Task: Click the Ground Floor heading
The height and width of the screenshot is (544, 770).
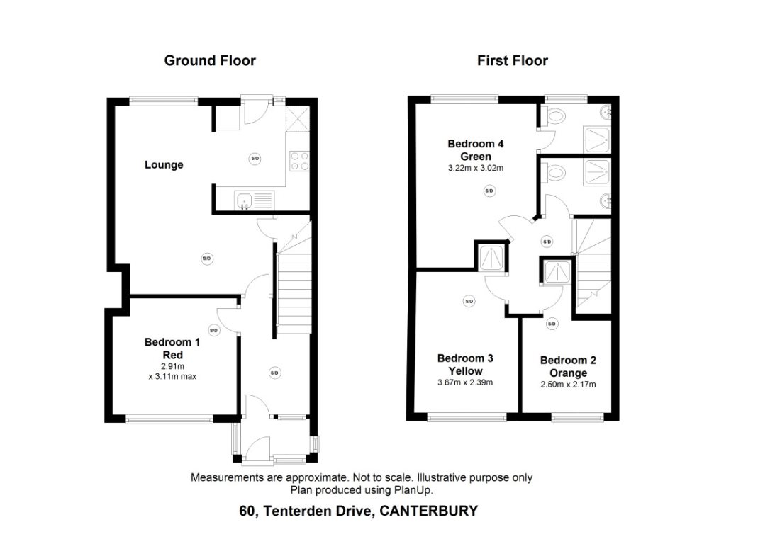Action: tap(210, 61)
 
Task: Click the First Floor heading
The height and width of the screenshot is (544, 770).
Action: tap(512, 61)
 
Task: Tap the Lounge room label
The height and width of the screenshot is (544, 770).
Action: tap(164, 165)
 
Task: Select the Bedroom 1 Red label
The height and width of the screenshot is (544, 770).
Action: tap(172, 348)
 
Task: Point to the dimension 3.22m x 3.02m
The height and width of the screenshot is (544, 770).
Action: tap(476, 169)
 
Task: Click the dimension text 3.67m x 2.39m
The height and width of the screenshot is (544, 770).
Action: tap(465, 383)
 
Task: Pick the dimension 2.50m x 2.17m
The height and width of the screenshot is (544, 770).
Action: tap(567, 385)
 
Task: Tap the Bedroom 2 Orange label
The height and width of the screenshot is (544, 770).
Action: tap(567, 366)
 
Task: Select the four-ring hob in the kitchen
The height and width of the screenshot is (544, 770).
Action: tap(299, 161)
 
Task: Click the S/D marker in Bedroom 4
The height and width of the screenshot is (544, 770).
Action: tap(489, 191)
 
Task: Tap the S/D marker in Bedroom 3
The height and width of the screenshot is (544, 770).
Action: tap(469, 301)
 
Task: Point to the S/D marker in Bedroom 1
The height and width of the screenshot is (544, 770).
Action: tap(213, 330)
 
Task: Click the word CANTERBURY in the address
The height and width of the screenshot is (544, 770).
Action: tap(429, 511)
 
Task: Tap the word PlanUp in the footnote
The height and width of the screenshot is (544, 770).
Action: tap(414, 490)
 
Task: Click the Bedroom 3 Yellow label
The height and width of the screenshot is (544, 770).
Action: tap(465, 364)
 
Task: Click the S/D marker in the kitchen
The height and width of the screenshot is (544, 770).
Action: tap(255, 159)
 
